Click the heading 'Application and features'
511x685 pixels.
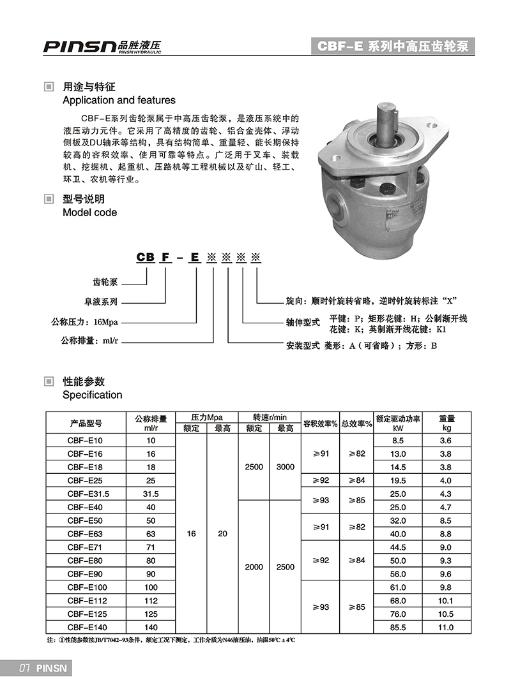point(119,100)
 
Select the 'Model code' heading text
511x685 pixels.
point(89,212)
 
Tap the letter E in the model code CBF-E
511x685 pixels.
point(195,257)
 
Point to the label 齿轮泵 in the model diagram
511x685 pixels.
point(105,282)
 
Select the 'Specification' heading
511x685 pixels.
point(92,395)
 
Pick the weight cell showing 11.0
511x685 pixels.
point(446,628)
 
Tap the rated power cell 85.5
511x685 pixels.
point(399,628)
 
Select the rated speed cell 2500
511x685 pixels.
point(254,467)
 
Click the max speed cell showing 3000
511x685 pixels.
point(286,467)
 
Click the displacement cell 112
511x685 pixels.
point(151,601)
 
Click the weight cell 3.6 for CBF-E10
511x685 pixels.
point(446,440)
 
